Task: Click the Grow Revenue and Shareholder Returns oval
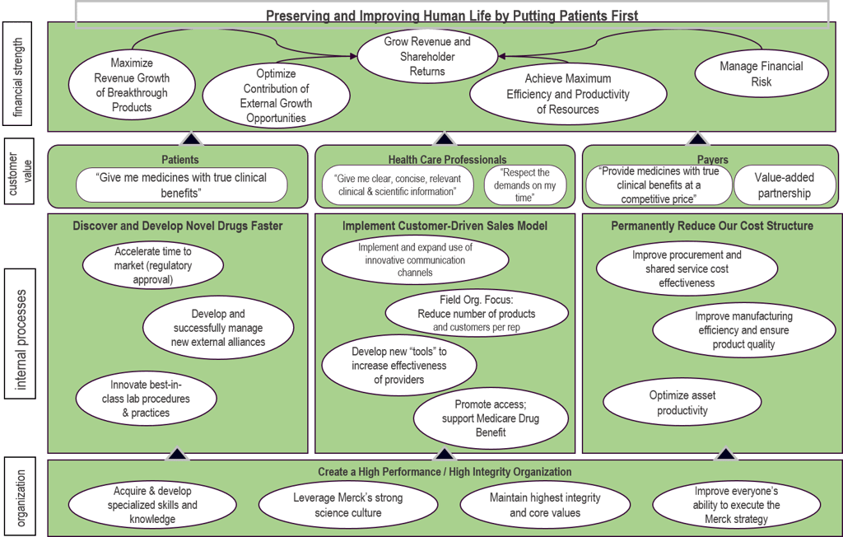[x=427, y=56]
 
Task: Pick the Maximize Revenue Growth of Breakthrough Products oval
[x=132, y=85]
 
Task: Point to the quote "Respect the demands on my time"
[x=525, y=185]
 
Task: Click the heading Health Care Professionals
[x=447, y=159]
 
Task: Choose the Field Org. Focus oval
[x=476, y=314]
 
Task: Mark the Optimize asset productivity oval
[x=682, y=403]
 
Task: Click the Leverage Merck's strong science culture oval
[x=347, y=505]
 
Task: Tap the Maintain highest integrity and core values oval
[x=544, y=505]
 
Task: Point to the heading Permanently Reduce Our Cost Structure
[x=711, y=226]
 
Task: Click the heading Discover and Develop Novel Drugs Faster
[x=177, y=226]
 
